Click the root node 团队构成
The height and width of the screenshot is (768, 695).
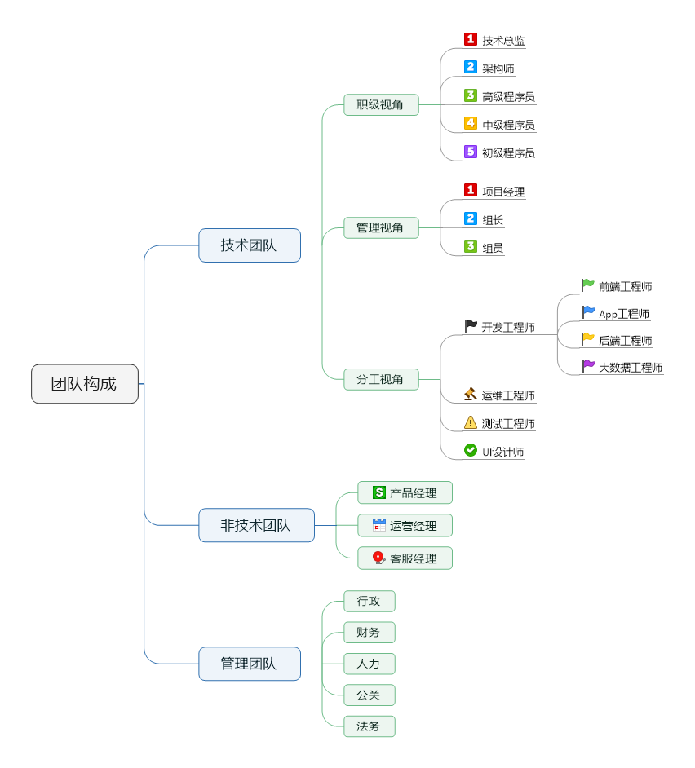click(x=85, y=384)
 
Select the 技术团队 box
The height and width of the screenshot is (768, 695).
click(x=250, y=245)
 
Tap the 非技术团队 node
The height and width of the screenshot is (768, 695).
click(x=256, y=525)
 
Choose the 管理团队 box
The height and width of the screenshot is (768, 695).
click(x=250, y=664)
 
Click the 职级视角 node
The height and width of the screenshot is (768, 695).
click(x=381, y=105)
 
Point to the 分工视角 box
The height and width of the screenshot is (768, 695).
click(x=381, y=379)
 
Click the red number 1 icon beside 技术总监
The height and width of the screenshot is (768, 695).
click(x=471, y=39)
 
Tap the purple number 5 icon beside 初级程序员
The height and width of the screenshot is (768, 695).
click(x=471, y=152)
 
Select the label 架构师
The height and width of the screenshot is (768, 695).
click(x=498, y=68)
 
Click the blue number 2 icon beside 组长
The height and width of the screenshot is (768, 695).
click(x=471, y=218)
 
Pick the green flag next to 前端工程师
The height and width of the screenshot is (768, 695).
click(x=588, y=285)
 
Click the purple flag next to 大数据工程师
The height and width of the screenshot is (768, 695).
click(x=588, y=366)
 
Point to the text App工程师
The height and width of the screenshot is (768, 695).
click(x=624, y=314)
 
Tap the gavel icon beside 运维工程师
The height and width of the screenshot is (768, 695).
click(x=471, y=395)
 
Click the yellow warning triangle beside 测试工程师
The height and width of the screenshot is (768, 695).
click(x=471, y=422)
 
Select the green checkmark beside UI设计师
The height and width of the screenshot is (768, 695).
click(x=471, y=450)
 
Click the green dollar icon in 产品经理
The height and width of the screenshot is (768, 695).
click(x=379, y=492)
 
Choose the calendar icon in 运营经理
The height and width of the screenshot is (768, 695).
click(x=379, y=525)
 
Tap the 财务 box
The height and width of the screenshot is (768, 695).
click(x=369, y=633)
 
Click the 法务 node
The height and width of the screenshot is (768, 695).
click(x=369, y=726)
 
